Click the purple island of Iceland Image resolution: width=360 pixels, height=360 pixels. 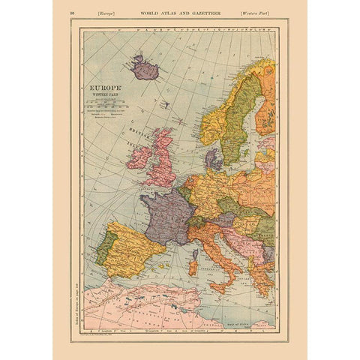coord(144,70)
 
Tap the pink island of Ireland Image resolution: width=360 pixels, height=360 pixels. coord(139,157)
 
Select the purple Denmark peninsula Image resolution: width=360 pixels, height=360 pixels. coord(213,159)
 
